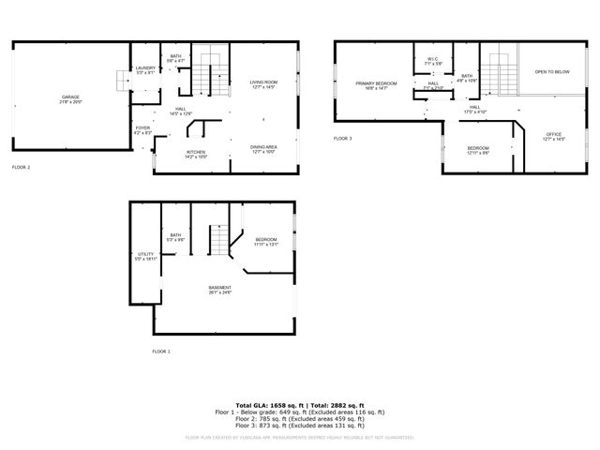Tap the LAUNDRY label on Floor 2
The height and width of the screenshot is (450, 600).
click(x=145, y=68)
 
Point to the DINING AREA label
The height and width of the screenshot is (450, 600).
click(x=263, y=148)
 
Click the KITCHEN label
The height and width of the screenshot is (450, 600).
click(x=196, y=153)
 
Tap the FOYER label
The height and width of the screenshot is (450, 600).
click(x=142, y=128)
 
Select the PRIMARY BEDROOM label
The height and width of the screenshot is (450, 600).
click(x=375, y=84)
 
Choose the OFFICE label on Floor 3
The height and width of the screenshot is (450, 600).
click(x=553, y=136)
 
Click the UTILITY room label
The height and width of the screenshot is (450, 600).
click(x=145, y=254)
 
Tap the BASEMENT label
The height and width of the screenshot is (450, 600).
click(x=219, y=290)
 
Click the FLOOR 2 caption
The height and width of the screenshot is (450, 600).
click(x=21, y=167)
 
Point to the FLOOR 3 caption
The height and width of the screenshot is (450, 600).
click(x=343, y=139)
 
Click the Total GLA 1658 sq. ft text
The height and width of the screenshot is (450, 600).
click(x=264, y=403)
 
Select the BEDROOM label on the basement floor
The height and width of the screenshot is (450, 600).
click(x=266, y=241)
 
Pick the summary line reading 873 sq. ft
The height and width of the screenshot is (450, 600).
click(x=300, y=426)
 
